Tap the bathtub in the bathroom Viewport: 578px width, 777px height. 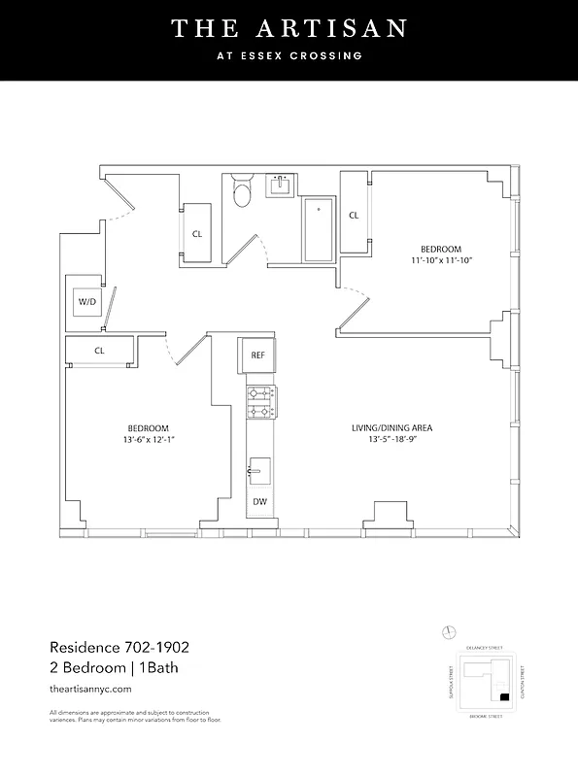click(x=317, y=231)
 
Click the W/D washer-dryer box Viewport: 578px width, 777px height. click(x=87, y=302)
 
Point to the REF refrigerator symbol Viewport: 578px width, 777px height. click(x=257, y=355)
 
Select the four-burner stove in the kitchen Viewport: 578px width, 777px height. click(x=259, y=402)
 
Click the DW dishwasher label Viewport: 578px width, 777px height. click(x=259, y=502)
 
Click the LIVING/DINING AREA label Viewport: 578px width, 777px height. click(x=392, y=428)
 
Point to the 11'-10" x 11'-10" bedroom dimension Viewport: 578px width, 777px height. click(x=440, y=260)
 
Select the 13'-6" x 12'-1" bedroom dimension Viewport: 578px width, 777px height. click(x=149, y=440)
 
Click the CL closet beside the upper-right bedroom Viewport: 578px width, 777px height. click(x=354, y=216)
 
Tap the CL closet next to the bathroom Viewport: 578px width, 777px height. click(x=197, y=234)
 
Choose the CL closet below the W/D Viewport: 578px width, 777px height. click(x=100, y=351)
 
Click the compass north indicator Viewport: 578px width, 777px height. click(x=448, y=632)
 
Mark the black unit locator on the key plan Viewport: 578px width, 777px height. click(x=502, y=697)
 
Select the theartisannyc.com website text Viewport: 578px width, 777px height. click(x=89, y=688)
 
